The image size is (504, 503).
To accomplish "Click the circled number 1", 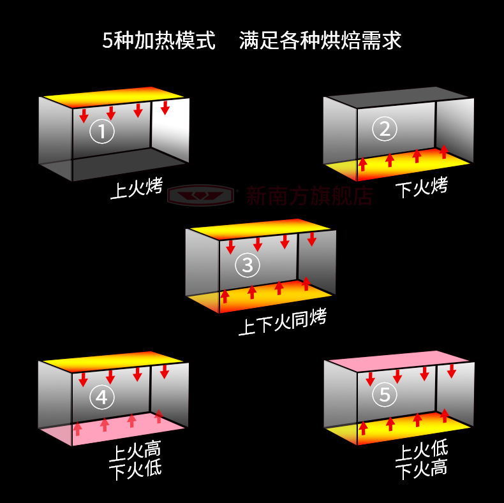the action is pyautogui.click(x=102, y=131).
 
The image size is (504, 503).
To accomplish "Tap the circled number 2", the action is pyautogui.click(x=385, y=129).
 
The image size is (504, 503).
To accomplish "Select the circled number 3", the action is pyautogui.click(x=248, y=265).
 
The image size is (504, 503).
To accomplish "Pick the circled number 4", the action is pyautogui.click(x=102, y=397).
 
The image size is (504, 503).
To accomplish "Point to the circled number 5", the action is pyautogui.click(x=385, y=394).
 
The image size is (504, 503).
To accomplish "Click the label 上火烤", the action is pyautogui.click(x=137, y=188).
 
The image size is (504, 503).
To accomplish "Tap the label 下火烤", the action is pyautogui.click(x=422, y=187).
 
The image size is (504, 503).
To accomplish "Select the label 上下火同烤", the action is pyautogui.click(x=283, y=322).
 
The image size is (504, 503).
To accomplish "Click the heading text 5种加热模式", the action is pyautogui.click(x=159, y=40).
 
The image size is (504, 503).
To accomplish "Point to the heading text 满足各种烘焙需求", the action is pyautogui.click(x=320, y=40).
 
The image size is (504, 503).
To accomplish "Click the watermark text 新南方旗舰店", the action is pyautogui.click(x=309, y=195).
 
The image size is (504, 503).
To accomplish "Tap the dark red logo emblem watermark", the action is pyautogui.click(x=200, y=195).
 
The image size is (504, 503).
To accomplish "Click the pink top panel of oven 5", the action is pyautogui.click(x=399, y=361).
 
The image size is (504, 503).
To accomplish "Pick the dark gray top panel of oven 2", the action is pyautogui.click(x=398, y=97).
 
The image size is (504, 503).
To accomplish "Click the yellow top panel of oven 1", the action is pyautogui.click(x=114, y=97).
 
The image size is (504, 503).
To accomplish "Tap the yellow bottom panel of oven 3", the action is pyautogui.click(x=260, y=296).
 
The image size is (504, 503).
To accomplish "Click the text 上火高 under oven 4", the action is pyautogui.click(x=135, y=450).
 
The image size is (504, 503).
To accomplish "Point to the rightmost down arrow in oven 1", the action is pyautogui.click(x=165, y=108).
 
